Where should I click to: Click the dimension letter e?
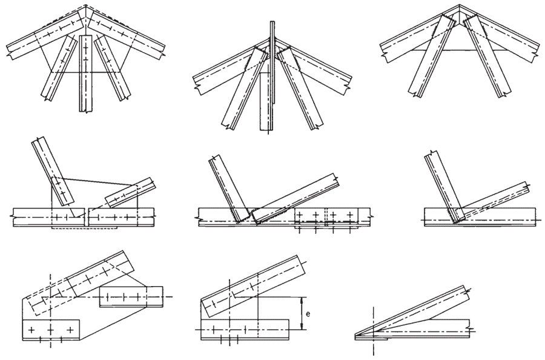click(x=308, y=315)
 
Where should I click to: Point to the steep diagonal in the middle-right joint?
click(x=441, y=182)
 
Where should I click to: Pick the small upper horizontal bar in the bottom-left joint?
click(x=131, y=296)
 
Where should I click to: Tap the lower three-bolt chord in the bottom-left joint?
click(x=50, y=329)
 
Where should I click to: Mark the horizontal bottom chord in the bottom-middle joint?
click(x=245, y=332)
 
